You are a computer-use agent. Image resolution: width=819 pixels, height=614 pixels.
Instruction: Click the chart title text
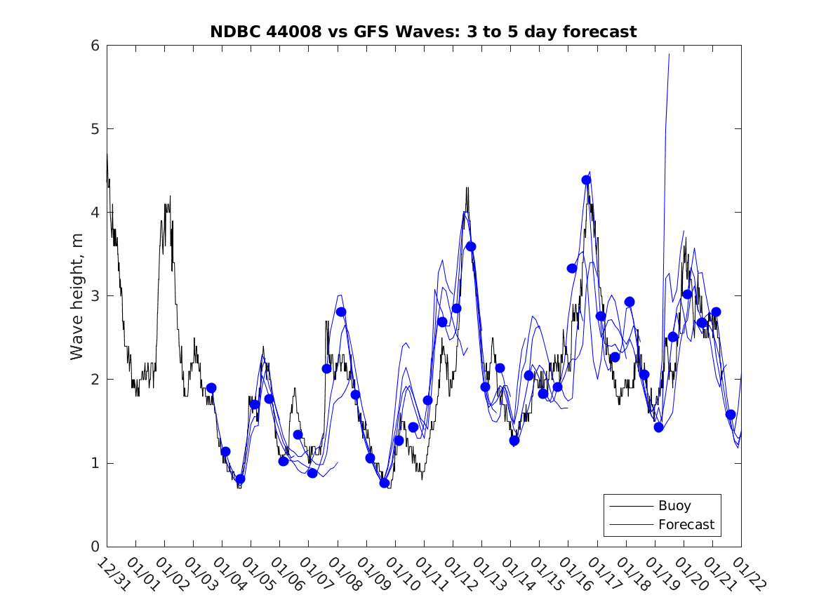tap(423, 32)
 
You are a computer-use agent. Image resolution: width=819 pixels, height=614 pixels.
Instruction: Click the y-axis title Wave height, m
tap(77, 296)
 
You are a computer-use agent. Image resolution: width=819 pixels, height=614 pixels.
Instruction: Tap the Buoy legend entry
tap(674, 506)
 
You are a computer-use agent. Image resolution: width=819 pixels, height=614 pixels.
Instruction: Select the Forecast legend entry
tap(686, 524)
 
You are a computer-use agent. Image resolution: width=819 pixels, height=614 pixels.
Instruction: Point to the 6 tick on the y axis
tap(93, 46)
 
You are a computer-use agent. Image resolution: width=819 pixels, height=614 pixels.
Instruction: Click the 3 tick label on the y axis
tap(93, 296)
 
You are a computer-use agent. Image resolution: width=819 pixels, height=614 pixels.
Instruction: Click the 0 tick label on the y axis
tap(93, 547)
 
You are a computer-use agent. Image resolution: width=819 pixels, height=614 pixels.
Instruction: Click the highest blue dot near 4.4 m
tap(587, 180)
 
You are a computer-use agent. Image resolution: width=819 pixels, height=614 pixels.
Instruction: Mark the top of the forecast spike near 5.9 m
tap(669, 54)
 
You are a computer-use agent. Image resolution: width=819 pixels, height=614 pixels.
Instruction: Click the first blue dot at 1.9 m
tap(211, 388)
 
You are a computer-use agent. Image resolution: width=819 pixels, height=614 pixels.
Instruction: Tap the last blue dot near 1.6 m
tap(731, 415)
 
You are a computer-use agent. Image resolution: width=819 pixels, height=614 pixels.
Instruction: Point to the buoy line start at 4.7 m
tap(107, 154)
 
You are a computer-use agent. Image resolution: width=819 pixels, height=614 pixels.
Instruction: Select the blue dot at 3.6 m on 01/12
tap(471, 246)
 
